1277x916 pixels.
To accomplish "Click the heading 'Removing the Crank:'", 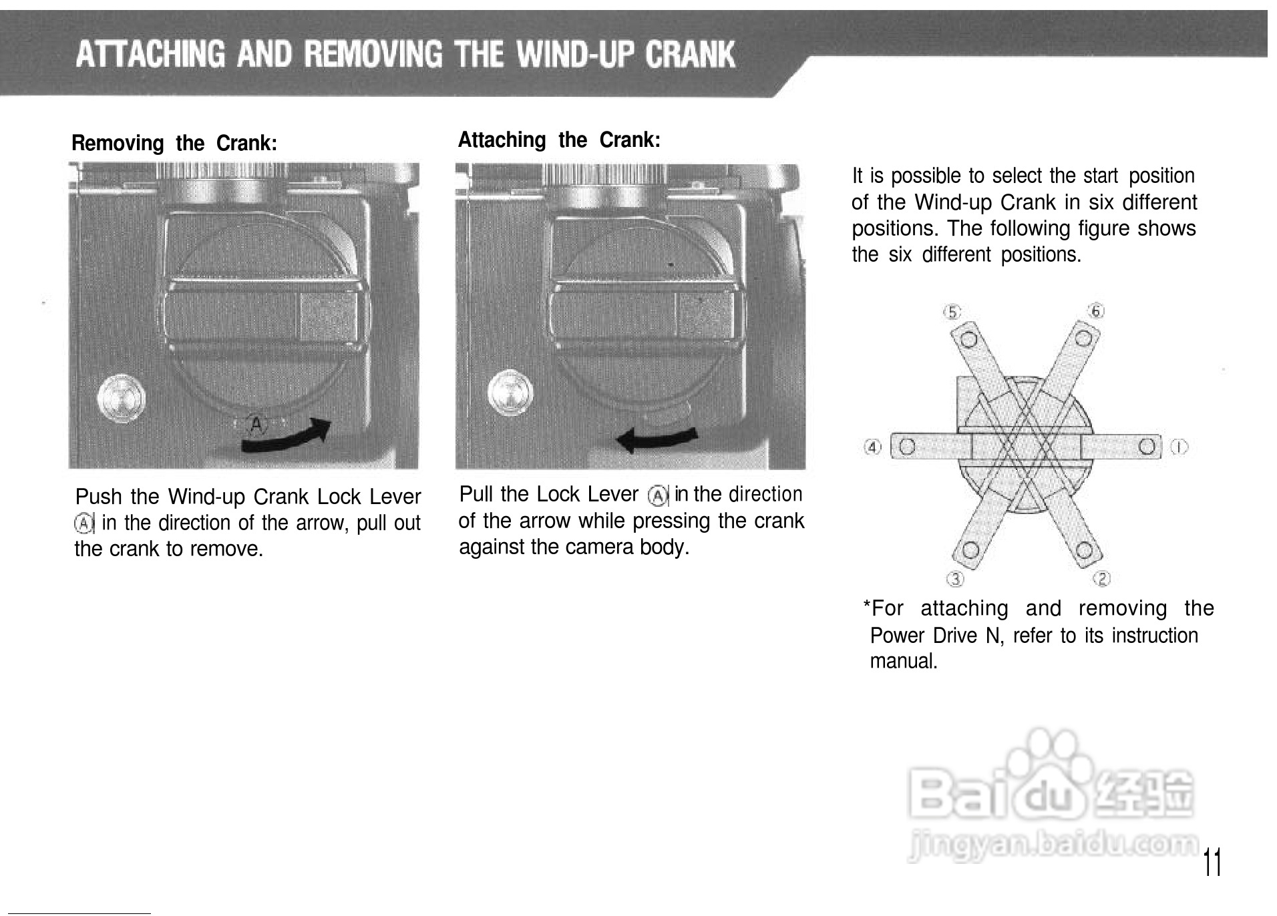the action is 174,144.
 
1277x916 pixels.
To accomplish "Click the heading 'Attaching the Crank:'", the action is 559,140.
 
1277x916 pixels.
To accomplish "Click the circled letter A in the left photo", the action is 256,424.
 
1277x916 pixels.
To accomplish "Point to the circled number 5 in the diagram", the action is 952,312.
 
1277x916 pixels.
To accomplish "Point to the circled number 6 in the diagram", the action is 1096,310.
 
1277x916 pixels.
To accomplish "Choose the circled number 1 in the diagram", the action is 1180,446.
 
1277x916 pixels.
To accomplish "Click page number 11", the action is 1212,863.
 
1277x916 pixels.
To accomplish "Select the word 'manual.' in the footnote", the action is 904,662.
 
